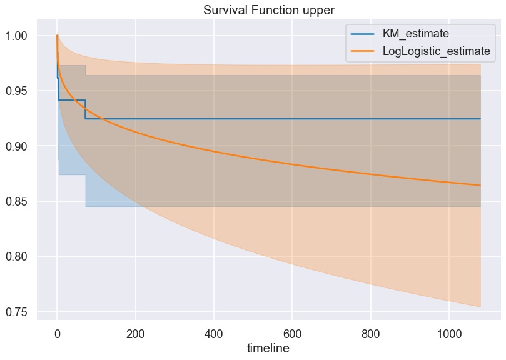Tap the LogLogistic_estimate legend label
(x=436, y=51)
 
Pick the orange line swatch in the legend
(x=363, y=51)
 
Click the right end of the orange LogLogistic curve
(x=480, y=185)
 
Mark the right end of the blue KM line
(x=480, y=119)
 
